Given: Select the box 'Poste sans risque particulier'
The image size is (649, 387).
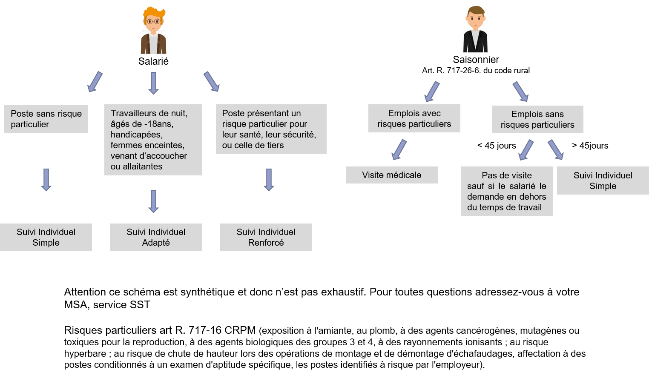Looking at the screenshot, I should [46, 119].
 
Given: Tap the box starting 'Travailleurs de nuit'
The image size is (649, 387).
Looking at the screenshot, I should [153, 140].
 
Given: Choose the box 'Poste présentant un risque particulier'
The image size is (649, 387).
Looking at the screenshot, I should [271, 129].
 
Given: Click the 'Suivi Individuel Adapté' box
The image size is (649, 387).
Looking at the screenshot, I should [156, 237].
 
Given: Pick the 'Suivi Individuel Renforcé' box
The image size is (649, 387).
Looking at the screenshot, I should [266, 237].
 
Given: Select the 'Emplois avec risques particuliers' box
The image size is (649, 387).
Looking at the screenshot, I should [414, 118].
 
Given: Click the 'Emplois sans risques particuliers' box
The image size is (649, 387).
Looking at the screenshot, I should [537, 119].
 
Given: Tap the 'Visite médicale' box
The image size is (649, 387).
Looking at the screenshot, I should [391, 175].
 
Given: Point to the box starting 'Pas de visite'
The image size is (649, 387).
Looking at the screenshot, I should [506, 191].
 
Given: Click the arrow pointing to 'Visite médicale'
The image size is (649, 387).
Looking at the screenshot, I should [399, 149].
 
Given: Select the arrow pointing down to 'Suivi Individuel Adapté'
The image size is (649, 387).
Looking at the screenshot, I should [153, 201].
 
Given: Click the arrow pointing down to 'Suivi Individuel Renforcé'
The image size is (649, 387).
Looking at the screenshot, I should [269, 180].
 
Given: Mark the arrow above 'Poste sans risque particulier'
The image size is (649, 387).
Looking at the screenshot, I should [95, 81].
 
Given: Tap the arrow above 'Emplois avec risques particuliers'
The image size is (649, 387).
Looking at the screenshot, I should [432, 91].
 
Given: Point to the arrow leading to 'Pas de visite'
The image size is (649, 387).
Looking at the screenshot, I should [526, 149].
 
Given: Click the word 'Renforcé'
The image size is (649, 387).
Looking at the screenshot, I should [266, 243].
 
